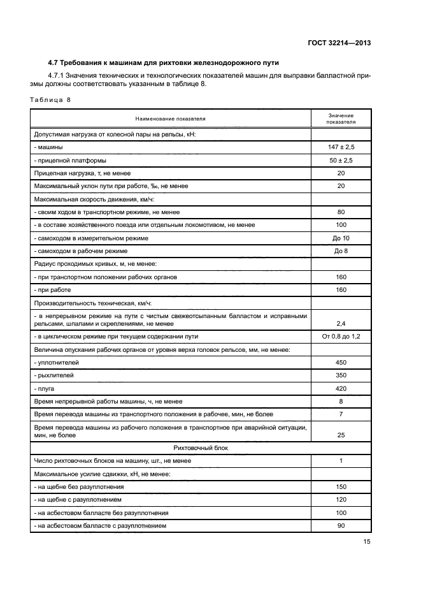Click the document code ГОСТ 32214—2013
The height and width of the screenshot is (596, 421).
click(x=338, y=43)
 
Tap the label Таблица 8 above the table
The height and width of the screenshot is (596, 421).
click(x=50, y=100)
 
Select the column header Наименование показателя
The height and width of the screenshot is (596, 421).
click(x=170, y=119)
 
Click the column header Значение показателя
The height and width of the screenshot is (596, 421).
click(x=341, y=118)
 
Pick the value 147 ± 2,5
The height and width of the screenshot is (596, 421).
click(x=341, y=147)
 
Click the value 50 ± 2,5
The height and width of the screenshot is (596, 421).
click(x=341, y=160)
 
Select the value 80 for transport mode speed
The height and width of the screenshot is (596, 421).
click(x=341, y=212)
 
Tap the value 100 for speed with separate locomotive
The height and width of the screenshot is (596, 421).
click(x=341, y=225)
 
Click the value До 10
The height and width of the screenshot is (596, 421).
click(x=341, y=238)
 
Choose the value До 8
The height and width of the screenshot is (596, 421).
click(x=341, y=251)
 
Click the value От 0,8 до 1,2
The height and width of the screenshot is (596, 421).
click(x=341, y=336)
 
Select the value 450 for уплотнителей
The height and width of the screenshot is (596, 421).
click(x=341, y=362)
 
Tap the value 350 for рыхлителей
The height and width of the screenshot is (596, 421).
click(x=341, y=375)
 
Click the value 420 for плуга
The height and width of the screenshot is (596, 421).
click(x=341, y=388)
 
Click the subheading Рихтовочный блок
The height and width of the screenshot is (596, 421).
click(x=200, y=448)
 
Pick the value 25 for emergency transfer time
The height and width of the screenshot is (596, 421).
click(x=341, y=435)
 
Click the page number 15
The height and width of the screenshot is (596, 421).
click(x=366, y=542)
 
